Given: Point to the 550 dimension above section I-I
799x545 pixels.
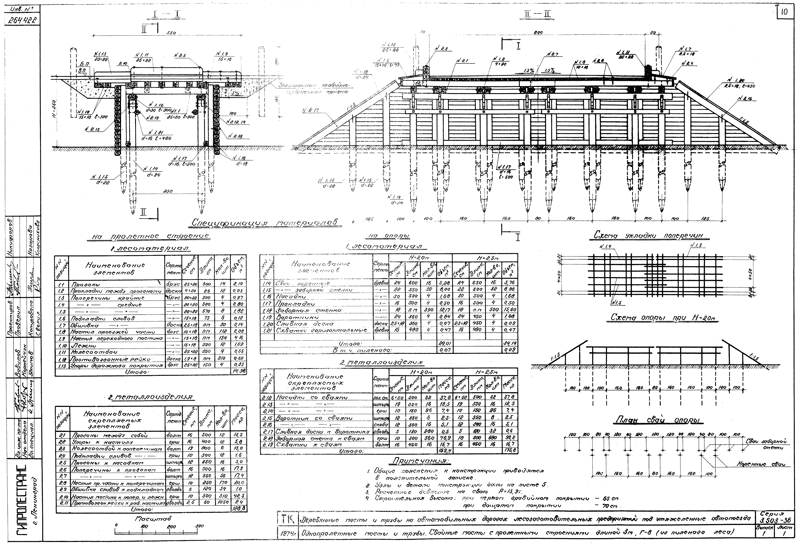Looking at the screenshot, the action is (x=171, y=33).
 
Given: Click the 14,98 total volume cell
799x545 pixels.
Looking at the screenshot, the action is (x=238, y=372).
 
